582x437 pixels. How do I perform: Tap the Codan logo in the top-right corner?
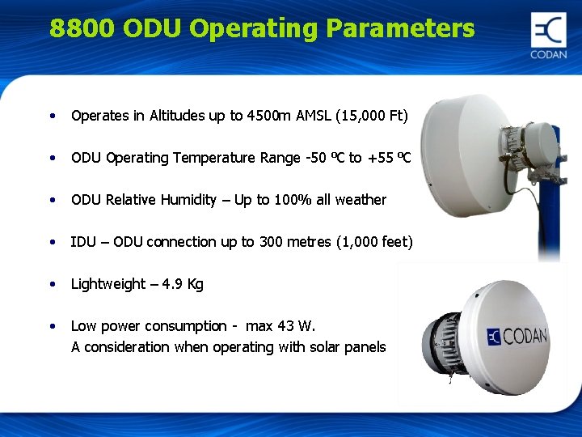[549, 36]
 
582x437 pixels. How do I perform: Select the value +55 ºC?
[390, 158]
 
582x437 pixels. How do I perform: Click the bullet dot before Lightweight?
[53, 284]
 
